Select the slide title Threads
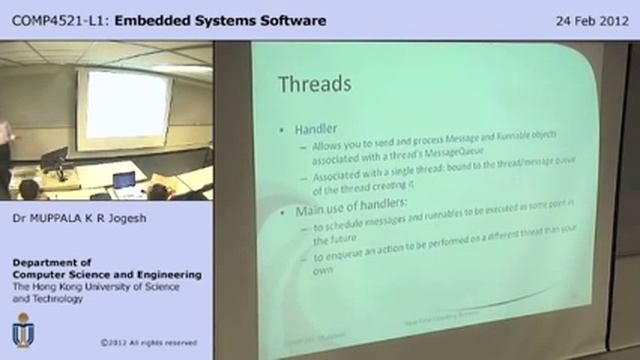tap(313, 82)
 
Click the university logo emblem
tap(22, 331)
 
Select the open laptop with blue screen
tap(124, 181)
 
